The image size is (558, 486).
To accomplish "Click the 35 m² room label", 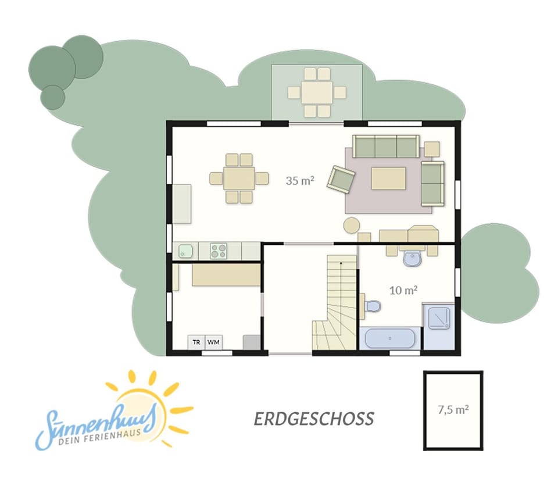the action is pyautogui.click(x=300, y=181).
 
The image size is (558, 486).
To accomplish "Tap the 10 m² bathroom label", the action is pyautogui.click(x=403, y=290).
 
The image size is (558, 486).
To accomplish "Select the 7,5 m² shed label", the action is pyautogui.click(x=453, y=410).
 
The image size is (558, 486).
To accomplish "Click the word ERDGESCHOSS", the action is pyautogui.click(x=314, y=419).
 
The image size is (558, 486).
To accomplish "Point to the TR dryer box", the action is pyautogui.click(x=196, y=342).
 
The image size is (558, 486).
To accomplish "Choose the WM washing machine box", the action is pyautogui.click(x=213, y=342).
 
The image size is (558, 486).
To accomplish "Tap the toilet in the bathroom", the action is pyautogui.click(x=373, y=305).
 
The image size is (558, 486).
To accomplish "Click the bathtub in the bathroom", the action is pyautogui.click(x=390, y=338).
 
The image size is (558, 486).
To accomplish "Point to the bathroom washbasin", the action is pyautogui.click(x=413, y=259).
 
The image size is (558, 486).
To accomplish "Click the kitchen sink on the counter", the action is pyautogui.click(x=185, y=251).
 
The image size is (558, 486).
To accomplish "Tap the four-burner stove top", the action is pyautogui.click(x=219, y=251).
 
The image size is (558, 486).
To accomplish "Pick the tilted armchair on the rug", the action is pyautogui.click(x=341, y=180).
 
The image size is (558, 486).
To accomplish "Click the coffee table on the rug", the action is pyautogui.click(x=388, y=178).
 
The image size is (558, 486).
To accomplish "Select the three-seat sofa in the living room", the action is pyautogui.click(x=386, y=146).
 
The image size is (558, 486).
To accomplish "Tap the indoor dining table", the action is pyautogui.click(x=239, y=178).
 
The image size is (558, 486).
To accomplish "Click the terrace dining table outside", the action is pyautogui.click(x=317, y=92).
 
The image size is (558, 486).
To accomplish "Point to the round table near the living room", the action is pyautogui.click(x=352, y=226).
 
